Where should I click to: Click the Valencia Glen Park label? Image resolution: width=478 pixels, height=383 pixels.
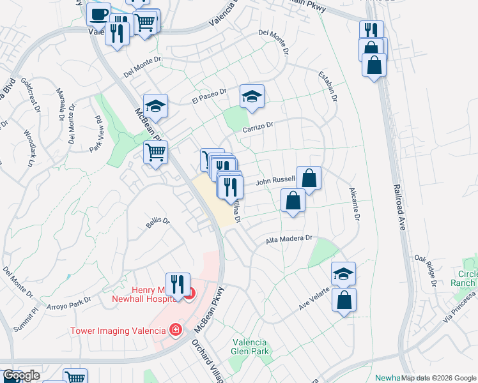249,347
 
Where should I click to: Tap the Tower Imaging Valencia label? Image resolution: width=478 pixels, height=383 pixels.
118,330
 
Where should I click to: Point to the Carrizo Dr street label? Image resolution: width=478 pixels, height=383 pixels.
257,128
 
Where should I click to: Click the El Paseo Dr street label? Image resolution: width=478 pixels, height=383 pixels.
209,97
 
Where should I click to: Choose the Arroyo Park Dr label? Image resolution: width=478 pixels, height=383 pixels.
70,302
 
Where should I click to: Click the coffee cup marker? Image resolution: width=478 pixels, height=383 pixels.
98,13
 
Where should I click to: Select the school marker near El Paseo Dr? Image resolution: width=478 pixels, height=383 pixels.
252,96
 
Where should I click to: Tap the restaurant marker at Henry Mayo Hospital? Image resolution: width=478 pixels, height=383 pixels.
177,283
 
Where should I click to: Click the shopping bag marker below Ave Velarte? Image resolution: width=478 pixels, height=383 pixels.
344,300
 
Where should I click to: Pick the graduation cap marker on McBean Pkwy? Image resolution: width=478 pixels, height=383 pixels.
155,105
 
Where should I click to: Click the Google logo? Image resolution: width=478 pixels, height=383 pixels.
21,376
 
